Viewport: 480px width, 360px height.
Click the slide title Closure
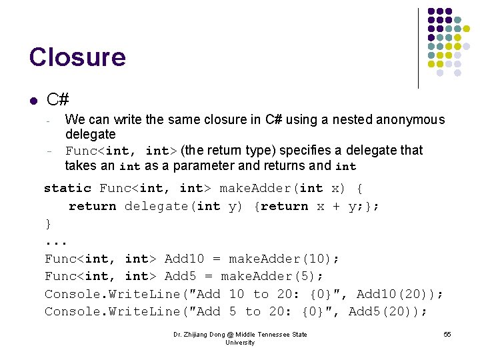[x=77, y=57]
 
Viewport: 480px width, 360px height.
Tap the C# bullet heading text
[x=58, y=100]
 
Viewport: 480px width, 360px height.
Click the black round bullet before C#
[x=33, y=101]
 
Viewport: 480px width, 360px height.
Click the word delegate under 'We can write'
[x=90, y=135]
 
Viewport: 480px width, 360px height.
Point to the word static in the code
[x=67, y=188]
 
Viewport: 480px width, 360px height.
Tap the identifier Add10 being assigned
[x=182, y=259]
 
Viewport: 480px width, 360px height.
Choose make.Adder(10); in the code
[x=284, y=259]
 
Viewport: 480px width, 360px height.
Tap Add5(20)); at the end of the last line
[x=388, y=311]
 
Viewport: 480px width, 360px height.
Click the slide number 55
[x=447, y=335]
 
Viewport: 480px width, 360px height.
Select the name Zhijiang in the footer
[x=201, y=335]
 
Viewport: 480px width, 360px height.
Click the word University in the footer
[x=240, y=343]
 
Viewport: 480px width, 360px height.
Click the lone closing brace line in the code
[x=48, y=224]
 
